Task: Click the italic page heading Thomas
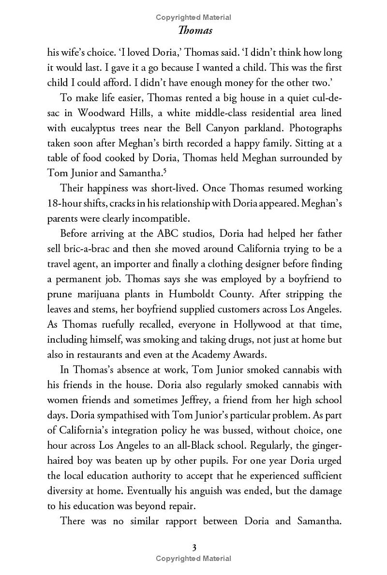point(193,30)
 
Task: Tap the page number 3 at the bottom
point(193,548)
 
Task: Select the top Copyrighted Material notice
point(193,17)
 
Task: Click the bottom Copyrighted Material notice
point(193,559)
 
